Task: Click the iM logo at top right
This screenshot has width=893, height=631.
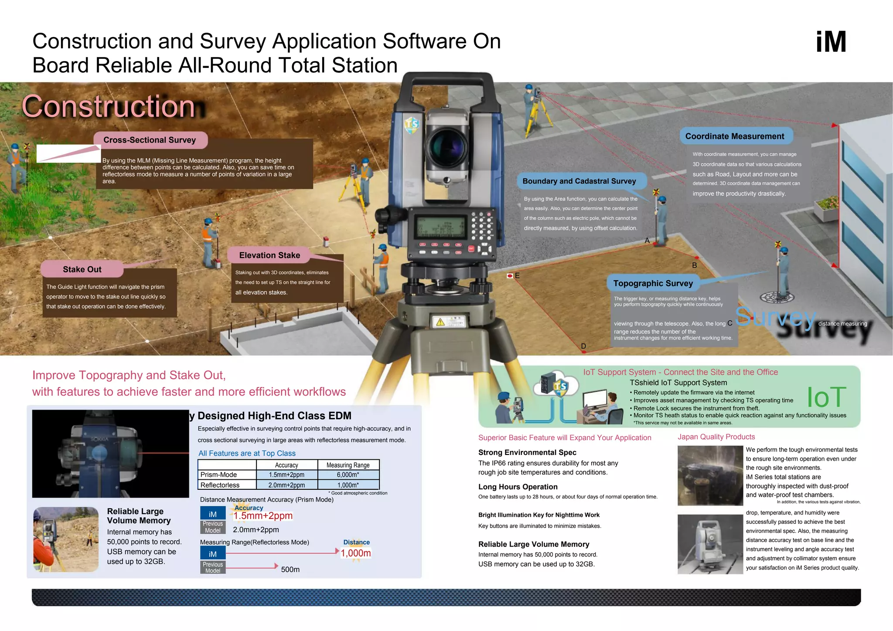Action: (x=831, y=42)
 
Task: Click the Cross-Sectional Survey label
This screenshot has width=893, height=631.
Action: (x=150, y=140)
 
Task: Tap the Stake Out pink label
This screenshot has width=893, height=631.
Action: (x=82, y=269)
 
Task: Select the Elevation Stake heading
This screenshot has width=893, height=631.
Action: (x=269, y=255)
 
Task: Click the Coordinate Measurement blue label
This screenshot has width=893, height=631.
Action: (x=735, y=136)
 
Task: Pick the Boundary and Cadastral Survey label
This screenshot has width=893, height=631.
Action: (x=579, y=181)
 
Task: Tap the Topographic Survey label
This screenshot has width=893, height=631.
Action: (x=653, y=283)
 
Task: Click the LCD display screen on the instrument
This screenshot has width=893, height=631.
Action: (x=439, y=227)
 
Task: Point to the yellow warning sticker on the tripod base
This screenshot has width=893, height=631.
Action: (x=440, y=322)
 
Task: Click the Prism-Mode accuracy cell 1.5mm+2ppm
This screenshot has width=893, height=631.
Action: (x=286, y=475)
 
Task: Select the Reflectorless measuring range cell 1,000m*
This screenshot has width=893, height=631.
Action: (x=348, y=485)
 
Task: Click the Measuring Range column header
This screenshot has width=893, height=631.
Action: (x=348, y=465)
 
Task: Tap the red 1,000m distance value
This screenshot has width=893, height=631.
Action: (x=356, y=553)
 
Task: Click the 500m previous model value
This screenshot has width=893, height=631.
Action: (x=290, y=570)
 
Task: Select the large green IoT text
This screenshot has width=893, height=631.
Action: (x=826, y=397)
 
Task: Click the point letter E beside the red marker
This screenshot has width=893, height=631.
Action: (x=517, y=275)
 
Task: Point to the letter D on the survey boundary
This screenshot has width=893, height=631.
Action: (x=583, y=346)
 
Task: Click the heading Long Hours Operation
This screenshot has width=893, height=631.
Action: (x=518, y=487)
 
